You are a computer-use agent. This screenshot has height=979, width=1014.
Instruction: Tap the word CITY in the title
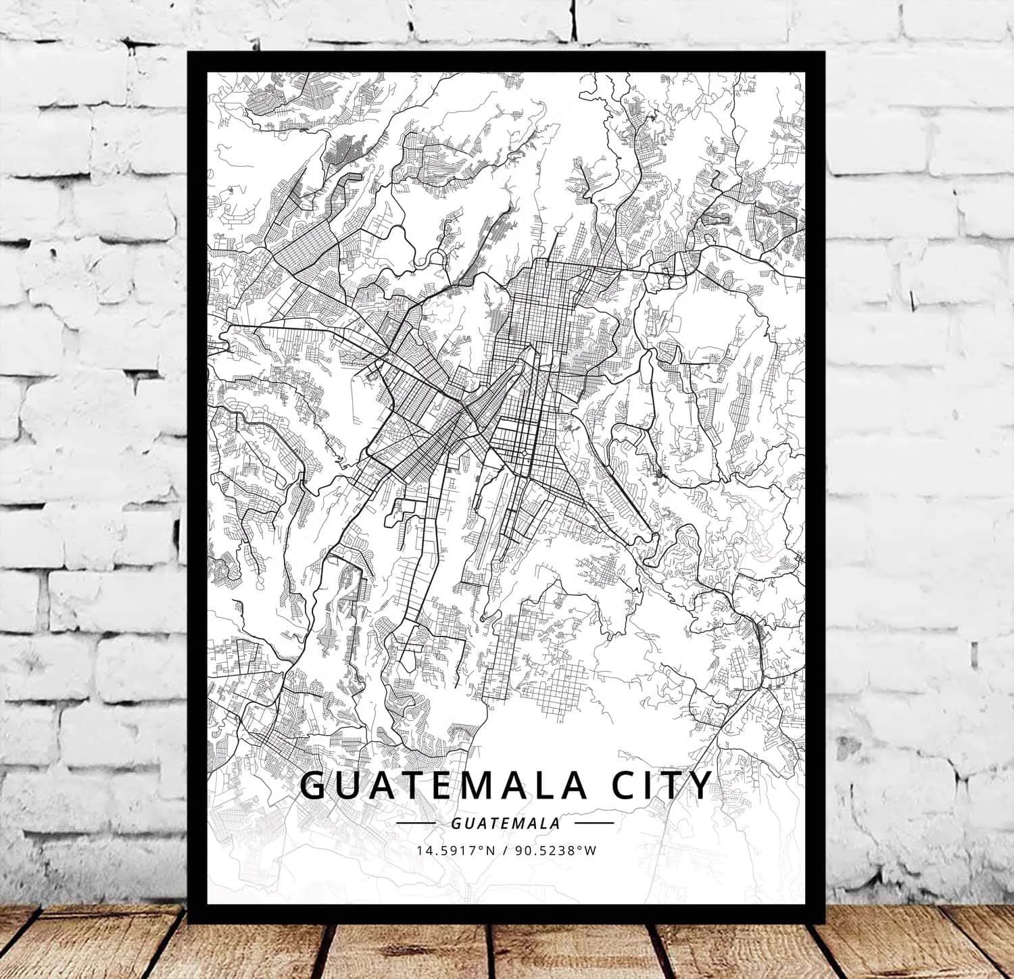pos(653,784)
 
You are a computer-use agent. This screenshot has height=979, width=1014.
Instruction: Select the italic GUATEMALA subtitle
pos(506,824)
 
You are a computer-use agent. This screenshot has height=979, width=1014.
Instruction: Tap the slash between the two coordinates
pos(506,851)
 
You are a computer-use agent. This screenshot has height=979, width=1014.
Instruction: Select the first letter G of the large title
pos(312,784)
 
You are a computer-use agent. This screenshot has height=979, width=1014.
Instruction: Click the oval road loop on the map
pos(437,257)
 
